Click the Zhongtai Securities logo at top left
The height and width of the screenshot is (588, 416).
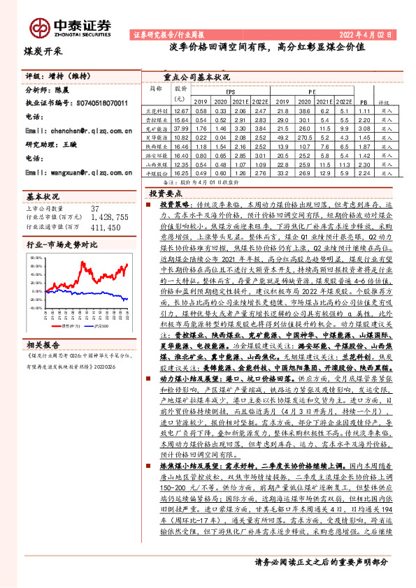tap(70, 27)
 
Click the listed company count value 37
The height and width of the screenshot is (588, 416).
tap(95, 209)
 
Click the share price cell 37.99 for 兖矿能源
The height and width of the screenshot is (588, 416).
tap(182, 128)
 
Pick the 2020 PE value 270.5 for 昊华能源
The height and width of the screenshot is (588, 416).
tap(304, 138)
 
